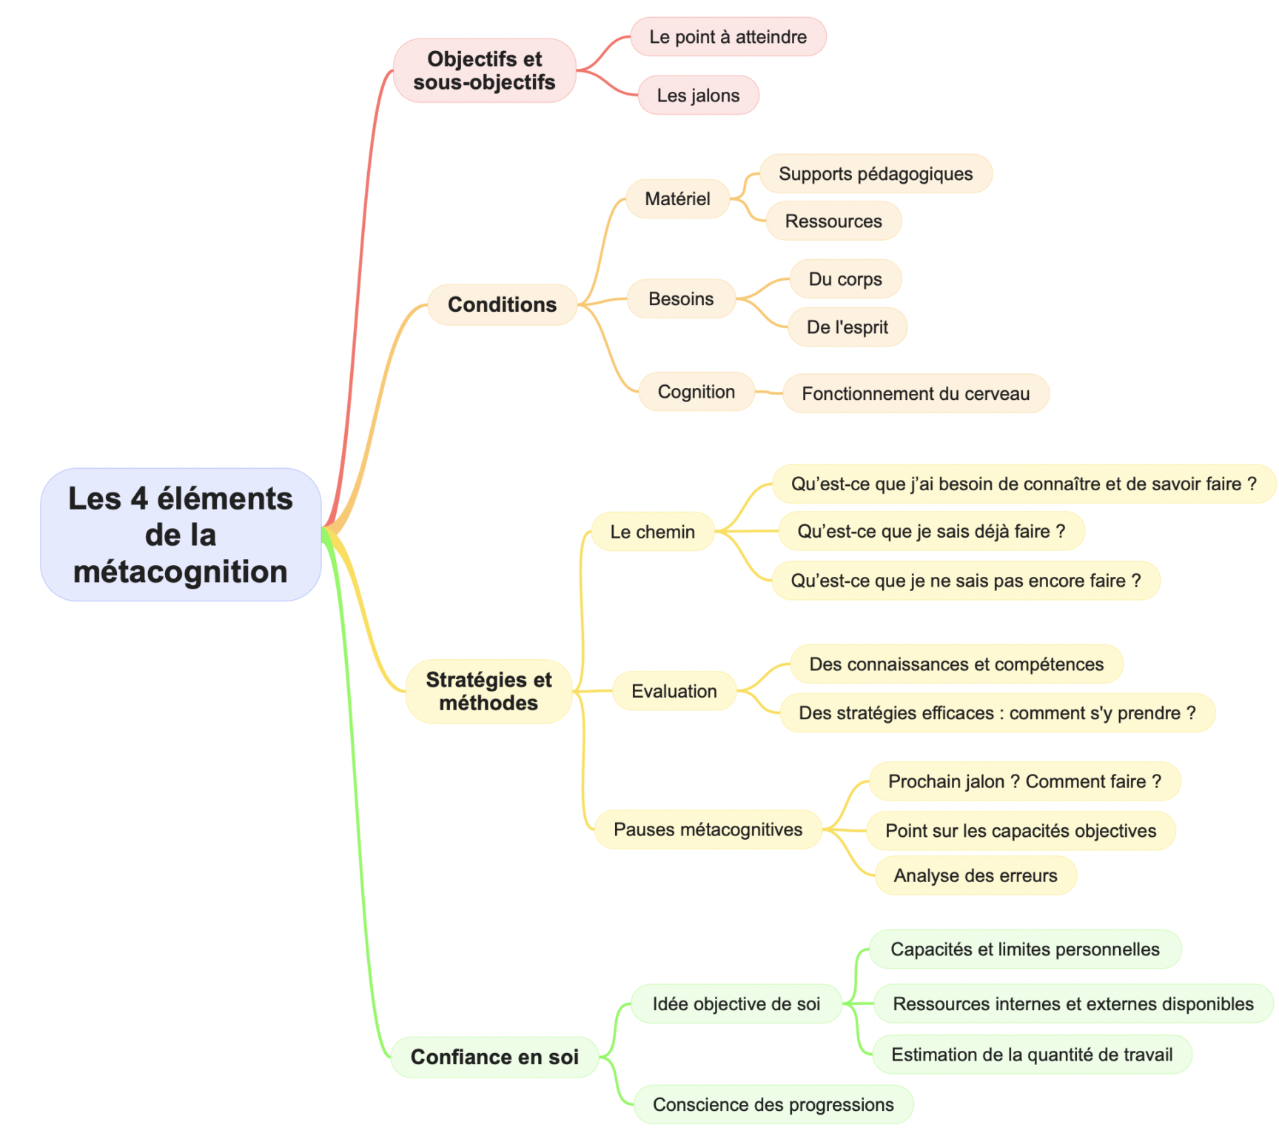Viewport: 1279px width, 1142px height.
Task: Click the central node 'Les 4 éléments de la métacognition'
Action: tap(181, 534)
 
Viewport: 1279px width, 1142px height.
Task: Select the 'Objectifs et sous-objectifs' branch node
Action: tap(485, 70)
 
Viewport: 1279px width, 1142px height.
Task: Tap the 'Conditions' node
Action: tap(503, 304)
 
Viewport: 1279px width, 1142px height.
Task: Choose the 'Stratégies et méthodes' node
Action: tap(489, 691)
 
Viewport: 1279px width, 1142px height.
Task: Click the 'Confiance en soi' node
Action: tap(494, 1057)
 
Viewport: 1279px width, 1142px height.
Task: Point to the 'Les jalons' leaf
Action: tap(699, 96)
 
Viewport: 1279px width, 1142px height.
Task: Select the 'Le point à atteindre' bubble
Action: tap(728, 37)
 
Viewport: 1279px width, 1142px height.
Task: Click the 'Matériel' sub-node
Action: tap(677, 198)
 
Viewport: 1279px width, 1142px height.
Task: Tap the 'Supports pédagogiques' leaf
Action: tap(876, 174)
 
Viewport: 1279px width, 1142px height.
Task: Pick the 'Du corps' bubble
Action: tap(845, 279)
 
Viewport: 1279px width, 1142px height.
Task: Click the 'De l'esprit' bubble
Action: tap(847, 327)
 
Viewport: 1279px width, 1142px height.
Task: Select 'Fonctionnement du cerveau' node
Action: tap(916, 393)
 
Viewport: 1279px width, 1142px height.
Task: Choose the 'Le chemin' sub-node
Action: tap(653, 532)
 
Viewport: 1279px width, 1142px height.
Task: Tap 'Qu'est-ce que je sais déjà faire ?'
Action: tap(932, 531)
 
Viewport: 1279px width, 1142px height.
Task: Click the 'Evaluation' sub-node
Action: tap(674, 691)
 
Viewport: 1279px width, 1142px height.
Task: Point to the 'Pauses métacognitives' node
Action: tap(708, 829)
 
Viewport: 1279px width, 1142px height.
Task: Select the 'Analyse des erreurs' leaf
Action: tap(976, 875)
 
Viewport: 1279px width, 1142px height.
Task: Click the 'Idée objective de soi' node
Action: tap(736, 1004)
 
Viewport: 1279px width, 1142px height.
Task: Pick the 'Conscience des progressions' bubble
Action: tap(773, 1104)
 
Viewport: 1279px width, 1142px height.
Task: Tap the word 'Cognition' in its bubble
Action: tap(696, 392)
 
